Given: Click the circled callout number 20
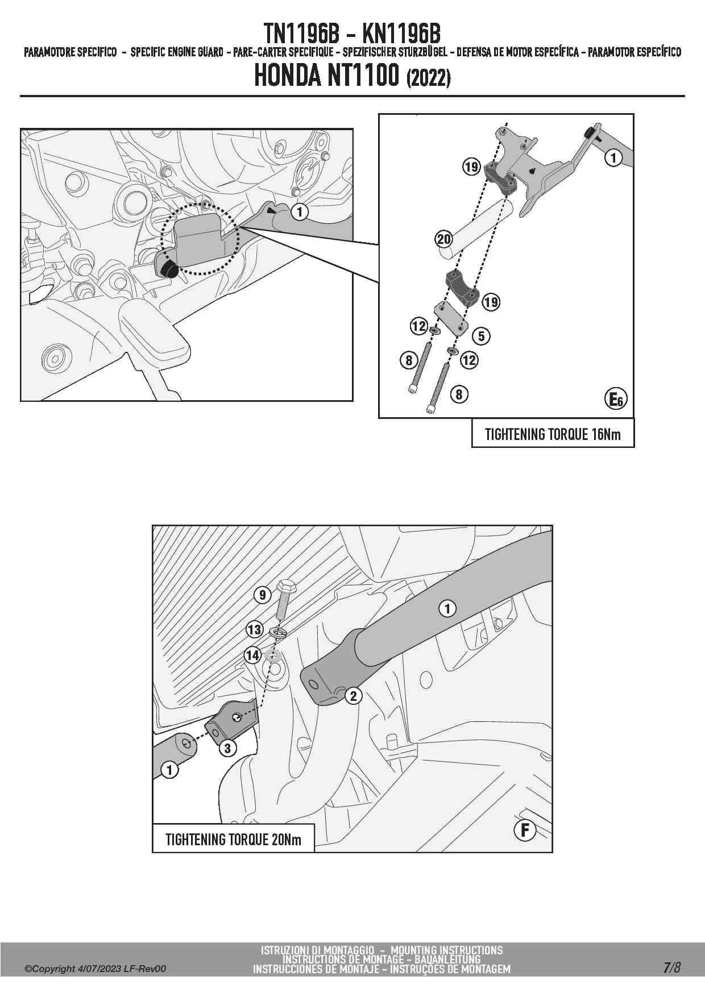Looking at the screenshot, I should pyautogui.click(x=444, y=239).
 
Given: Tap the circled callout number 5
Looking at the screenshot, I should pyautogui.click(x=481, y=336).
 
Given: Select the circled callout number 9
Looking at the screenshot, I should pyautogui.click(x=262, y=595).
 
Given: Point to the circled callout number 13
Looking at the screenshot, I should pyautogui.click(x=254, y=629).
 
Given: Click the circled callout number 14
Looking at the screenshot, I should pyautogui.click(x=252, y=655).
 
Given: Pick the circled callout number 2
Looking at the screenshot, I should pyautogui.click(x=353, y=695).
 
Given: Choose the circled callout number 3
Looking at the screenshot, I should pyautogui.click(x=227, y=747).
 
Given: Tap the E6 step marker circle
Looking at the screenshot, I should pyautogui.click(x=616, y=399).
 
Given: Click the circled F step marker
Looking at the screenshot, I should pyautogui.click(x=525, y=830).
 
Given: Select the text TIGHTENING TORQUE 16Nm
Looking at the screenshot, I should pyautogui.click(x=553, y=435).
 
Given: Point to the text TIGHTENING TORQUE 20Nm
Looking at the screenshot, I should pyautogui.click(x=233, y=840).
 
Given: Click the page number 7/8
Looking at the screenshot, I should pyautogui.click(x=671, y=968).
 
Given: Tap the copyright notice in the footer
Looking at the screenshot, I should pyautogui.click(x=96, y=969).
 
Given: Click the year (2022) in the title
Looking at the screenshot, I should pyautogui.click(x=429, y=77).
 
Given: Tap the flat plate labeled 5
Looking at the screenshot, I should pyautogui.click(x=451, y=318).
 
